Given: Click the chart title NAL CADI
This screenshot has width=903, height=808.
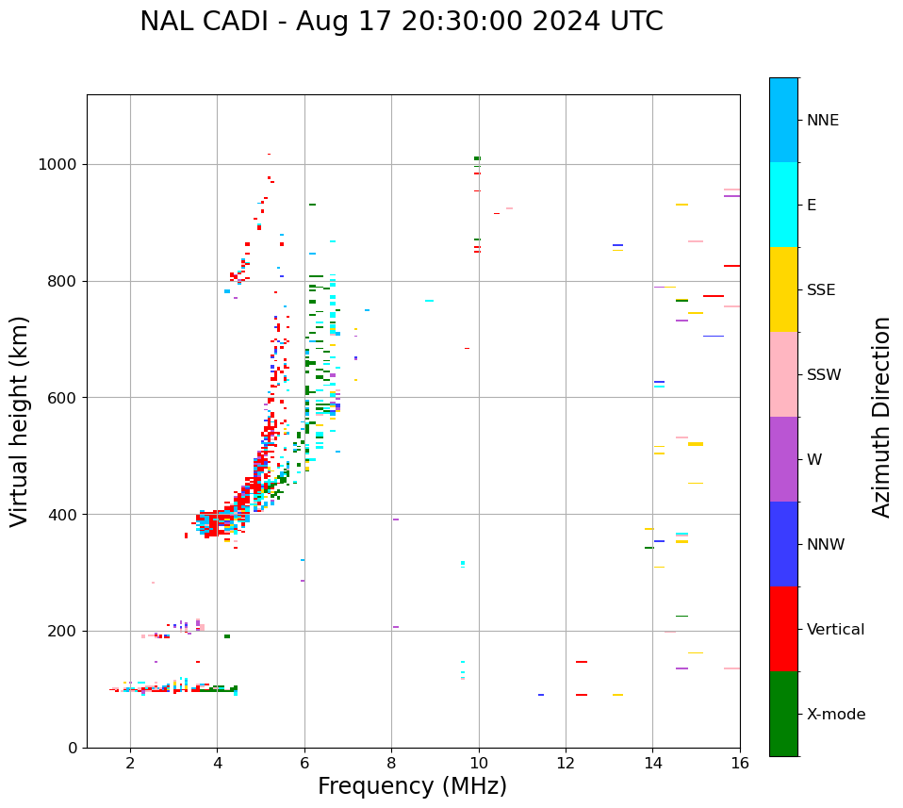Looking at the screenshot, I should point(401,22).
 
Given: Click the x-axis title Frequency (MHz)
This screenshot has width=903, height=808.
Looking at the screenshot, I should point(412,786).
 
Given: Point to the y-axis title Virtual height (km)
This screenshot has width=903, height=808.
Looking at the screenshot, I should point(20,420).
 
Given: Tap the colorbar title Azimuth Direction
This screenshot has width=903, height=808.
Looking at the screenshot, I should point(881,417).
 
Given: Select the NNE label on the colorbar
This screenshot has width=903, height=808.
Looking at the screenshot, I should point(822,121).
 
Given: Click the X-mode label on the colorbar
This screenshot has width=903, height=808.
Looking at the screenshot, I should point(835,715).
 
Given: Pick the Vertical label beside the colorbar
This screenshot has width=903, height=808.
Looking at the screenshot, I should point(835,630).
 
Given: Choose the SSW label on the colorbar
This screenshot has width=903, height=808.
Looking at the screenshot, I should point(823,375).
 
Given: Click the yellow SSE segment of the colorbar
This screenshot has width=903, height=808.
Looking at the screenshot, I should point(783,289).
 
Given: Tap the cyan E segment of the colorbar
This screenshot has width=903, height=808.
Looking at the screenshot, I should point(783,205).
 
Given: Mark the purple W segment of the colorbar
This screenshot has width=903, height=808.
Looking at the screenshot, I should point(783,459).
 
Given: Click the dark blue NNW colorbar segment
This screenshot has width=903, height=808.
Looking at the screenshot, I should point(783,544).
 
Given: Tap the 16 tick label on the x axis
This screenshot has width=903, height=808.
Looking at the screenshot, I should point(739,763).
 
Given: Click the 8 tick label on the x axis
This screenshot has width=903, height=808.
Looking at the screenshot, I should point(391,763).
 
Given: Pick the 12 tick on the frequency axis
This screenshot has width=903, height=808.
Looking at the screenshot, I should point(566,763).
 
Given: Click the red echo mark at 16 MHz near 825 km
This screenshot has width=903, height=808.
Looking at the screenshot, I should point(731,266).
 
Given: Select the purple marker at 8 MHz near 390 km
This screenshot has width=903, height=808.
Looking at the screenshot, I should point(396,519).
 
